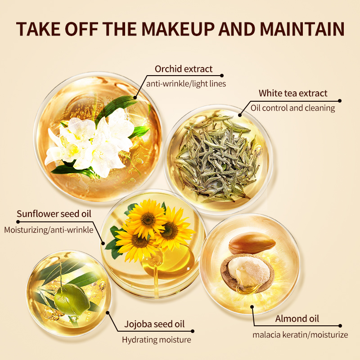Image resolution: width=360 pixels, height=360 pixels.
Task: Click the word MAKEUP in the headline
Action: pos(178,29)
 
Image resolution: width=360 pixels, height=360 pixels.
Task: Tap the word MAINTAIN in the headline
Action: pos(302,29)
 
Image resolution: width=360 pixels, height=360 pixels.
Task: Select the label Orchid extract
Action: pos(184,69)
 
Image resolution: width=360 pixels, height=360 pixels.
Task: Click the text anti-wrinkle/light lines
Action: pos(186,84)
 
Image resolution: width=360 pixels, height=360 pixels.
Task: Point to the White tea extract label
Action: pos(293,93)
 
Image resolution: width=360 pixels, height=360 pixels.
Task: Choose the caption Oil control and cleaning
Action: pos(293,108)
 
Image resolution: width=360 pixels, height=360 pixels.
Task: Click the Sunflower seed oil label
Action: pos(54,214)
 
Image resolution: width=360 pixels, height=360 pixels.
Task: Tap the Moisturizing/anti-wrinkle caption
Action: pos(49,230)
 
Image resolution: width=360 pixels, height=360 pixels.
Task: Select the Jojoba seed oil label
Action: pos(154,324)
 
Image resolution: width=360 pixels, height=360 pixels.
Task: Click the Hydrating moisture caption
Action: pos(156,340)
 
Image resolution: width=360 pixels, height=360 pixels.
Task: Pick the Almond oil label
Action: pos(297,319)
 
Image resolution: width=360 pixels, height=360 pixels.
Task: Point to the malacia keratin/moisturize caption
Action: pos(300,335)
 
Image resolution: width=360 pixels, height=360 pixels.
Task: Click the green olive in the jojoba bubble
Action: pos(72,300)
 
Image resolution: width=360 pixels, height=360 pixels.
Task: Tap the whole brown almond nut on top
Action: pos(252,243)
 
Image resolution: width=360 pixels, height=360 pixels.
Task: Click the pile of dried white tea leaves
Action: pos(217,158)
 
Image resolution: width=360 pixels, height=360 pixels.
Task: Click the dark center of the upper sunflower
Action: pos(148,219)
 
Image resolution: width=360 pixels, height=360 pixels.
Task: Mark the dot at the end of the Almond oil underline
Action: pos(340,326)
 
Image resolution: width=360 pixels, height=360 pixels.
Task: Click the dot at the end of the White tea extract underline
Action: pos(340,101)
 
